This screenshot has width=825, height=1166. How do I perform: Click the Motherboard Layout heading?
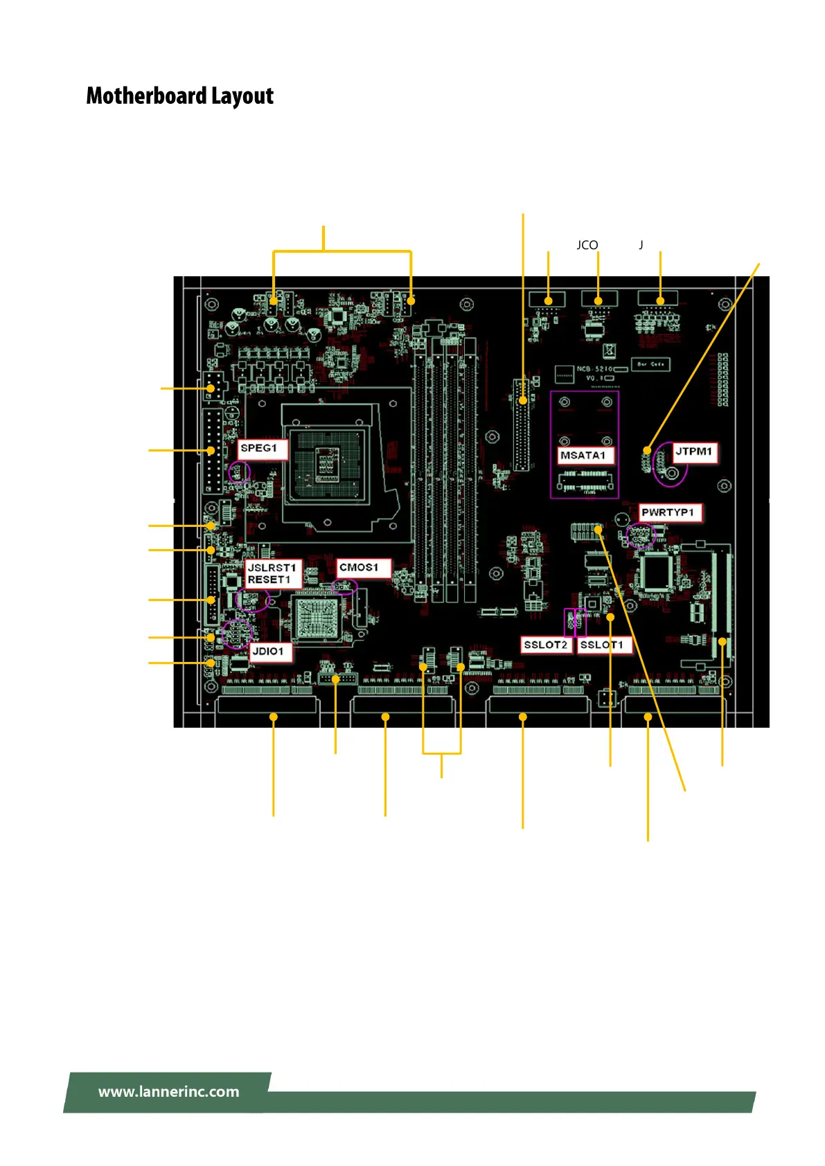[x=179, y=96]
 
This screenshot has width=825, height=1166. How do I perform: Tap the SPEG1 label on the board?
[x=259, y=448]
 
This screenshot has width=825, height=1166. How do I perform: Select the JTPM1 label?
[x=694, y=451]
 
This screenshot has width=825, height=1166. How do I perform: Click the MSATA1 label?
[x=583, y=455]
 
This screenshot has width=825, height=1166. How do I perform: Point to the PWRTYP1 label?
[x=668, y=512]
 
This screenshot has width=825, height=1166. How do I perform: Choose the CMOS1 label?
[x=360, y=567]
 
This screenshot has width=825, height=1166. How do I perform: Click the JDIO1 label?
[x=268, y=651]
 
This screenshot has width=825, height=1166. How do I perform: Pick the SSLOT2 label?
[x=546, y=645]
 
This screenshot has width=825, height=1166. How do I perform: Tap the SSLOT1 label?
[x=602, y=645]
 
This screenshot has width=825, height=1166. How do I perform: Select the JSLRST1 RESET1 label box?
[x=272, y=573]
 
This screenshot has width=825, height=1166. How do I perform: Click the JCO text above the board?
[x=587, y=245]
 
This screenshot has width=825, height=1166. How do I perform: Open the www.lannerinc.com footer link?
[x=168, y=1092]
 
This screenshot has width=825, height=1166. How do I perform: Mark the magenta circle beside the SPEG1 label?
[x=240, y=473]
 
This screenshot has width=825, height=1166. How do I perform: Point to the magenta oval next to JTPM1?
[x=670, y=464]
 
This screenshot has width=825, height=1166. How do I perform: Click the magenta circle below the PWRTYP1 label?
[x=640, y=535]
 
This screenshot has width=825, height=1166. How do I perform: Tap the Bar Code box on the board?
[x=650, y=364]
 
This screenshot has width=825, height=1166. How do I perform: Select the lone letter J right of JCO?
[x=641, y=245]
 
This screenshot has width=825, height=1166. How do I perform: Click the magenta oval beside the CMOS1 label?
[x=344, y=586]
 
